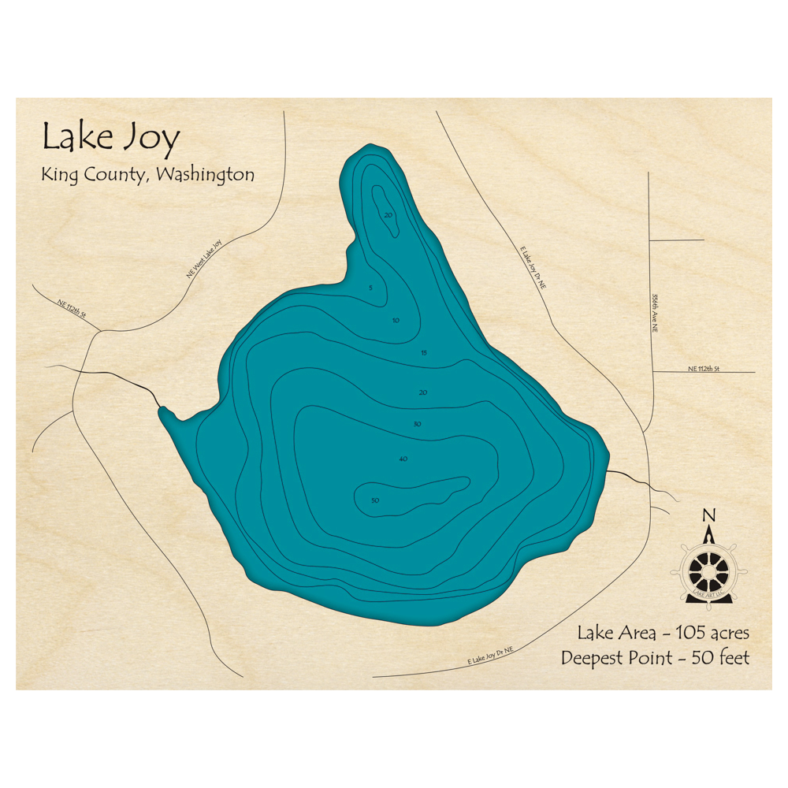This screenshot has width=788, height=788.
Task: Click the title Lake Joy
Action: tap(111, 138)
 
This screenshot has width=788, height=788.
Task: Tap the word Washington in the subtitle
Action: tap(206, 174)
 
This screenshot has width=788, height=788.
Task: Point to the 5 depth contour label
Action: tap(370, 288)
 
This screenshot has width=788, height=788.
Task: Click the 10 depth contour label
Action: tap(396, 320)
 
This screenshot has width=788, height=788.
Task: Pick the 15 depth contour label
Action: tap(424, 352)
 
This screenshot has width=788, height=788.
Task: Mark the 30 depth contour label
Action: tap(417, 424)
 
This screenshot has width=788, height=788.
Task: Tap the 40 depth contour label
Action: tap(403, 458)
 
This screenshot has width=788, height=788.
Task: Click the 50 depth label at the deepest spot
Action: tap(375, 500)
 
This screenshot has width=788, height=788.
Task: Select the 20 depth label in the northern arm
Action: tap(388, 214)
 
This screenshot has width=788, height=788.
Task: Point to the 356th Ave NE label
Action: tap(655, 312)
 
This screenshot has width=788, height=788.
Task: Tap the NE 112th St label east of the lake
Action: tap(704, 368)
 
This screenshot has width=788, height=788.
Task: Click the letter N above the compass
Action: tap(709, 515)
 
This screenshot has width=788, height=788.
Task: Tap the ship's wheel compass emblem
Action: tap(709, 569)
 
